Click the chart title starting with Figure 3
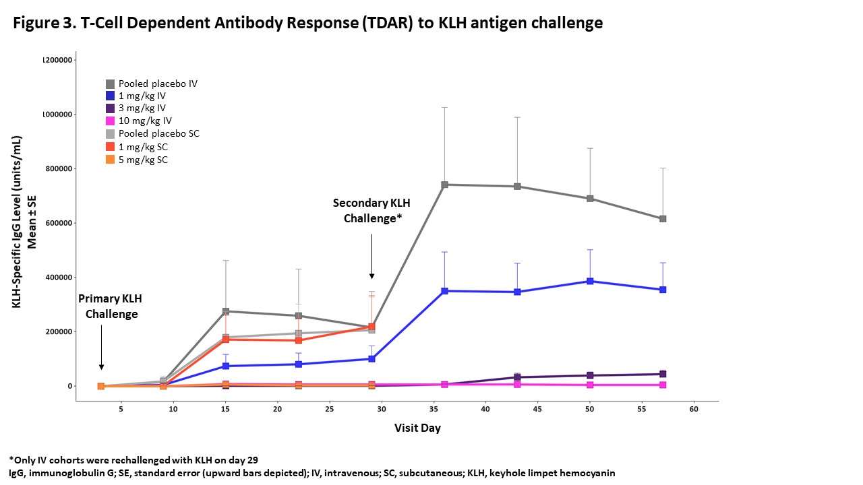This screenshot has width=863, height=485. coord(307,23)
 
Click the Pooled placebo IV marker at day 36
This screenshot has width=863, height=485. coord(444,185)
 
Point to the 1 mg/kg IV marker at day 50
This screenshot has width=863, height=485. coord(590,281)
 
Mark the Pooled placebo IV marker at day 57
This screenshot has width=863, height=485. coord(663,219)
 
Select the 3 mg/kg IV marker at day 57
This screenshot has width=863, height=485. coord(663,374)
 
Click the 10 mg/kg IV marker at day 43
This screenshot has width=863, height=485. coord(517,384)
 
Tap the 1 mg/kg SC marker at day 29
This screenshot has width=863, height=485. coord(371,327)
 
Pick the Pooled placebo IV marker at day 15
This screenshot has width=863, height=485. coord(226,311)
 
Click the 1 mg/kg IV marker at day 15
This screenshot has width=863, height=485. coord(226,366)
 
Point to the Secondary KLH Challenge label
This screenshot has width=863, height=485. coord(371,210)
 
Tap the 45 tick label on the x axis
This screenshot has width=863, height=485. coord(537,409)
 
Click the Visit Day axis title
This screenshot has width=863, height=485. coord(417,428)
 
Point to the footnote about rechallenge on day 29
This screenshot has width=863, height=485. coord(133,460)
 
